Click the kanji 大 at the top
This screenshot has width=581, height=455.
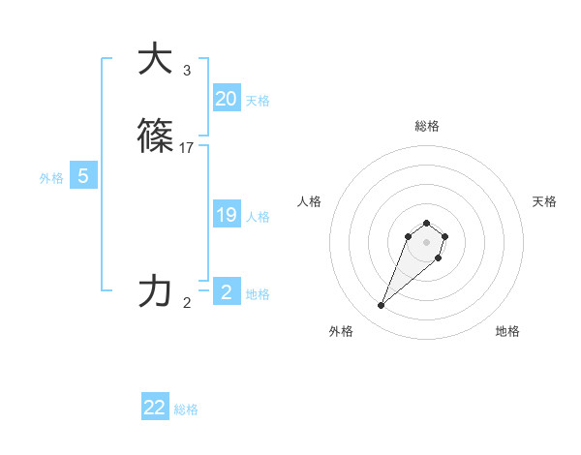[155, 59]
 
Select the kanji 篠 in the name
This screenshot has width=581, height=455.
[155, 136]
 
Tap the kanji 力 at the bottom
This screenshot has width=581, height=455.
[155, 291]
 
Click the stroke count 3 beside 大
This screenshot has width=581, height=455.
[186, 71]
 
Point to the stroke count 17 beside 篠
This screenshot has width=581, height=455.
[187, 148]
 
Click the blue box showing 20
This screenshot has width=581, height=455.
[226, 99]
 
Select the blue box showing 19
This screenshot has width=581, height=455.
[226, 215]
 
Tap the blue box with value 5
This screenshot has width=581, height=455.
[83, 176]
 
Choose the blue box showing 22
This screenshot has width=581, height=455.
[155, 408]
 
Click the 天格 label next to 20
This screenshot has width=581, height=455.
[258, 101]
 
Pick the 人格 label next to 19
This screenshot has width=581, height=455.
[258, 217]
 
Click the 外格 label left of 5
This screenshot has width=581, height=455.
[51, 178]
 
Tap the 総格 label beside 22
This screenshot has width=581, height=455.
[186, 409]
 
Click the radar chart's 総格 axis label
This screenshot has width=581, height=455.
[426, 126]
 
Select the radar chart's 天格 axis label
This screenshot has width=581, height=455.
[544, 201]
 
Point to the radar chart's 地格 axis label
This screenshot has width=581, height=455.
[507, 331]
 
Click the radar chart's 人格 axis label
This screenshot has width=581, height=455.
[309, 201]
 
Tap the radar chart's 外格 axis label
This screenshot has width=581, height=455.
[341, 331]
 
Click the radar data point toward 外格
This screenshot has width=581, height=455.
[381, 306]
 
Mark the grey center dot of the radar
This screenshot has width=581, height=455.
[426, 241]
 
